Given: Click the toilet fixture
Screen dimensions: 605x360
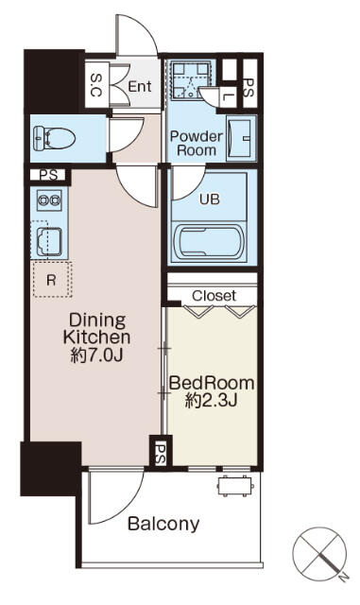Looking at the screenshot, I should click(x=53, y=138).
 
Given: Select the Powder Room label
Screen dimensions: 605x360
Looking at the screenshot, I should click(x=196, y=143).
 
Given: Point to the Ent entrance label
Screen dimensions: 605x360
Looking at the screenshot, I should click(x=140, y=86).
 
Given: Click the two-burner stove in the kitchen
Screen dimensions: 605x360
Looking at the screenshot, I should click(x=48, y=201).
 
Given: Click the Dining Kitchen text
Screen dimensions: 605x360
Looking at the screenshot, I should click(x=96, y=328).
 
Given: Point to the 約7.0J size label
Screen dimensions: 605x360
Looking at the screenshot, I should click(x=96, y=355).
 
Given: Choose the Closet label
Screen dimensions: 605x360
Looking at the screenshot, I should click(x=214, y=296).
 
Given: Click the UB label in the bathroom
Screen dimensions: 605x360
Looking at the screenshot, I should click(x=208, y=199).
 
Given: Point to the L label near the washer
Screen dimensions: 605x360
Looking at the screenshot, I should click(x=230, y=95).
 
